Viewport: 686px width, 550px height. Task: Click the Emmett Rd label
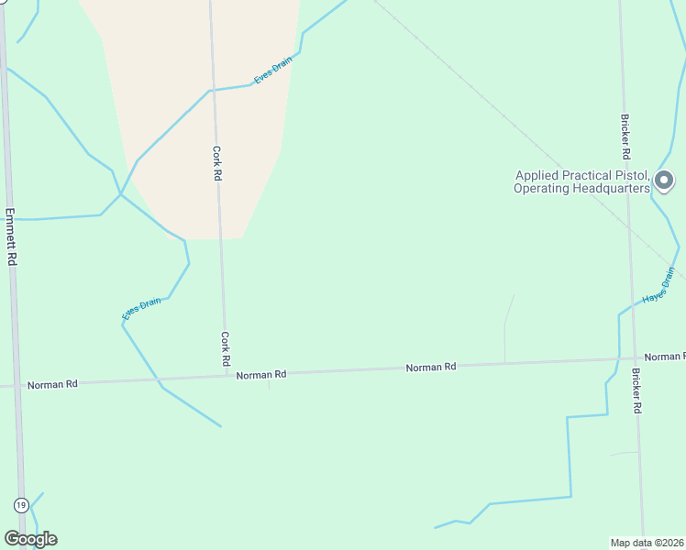pyautogui.click(x=11, y=236)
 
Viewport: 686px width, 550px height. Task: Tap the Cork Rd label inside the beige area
pyautogui.click(x=217, y=162)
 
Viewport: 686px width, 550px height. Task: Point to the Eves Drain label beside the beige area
pyautogui.click(x=272, y=71)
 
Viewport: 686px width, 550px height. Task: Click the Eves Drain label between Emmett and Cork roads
pyautogui.click(x=141, y=308)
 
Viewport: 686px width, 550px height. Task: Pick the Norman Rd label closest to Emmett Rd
pyautogui.click(x=52, y=384)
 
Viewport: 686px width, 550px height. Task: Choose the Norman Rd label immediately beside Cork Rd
pyautogui.click(x=261, y=374)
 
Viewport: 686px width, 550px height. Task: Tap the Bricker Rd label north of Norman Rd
pyautogui.click(x=625, y=136)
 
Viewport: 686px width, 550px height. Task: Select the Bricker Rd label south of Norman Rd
pyautogui.click(x=636, y=390)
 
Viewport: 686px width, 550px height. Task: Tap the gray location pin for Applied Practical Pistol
pyautogui.click(x=665, y=180)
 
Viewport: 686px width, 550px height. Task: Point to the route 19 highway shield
pyautogui.click(x=21, y=504)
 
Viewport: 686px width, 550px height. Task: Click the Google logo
pyautogui.click(x=30, y=539)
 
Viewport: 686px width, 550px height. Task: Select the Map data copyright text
pyautogui.click(x=647, y=543)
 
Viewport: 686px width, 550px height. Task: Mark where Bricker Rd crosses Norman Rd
pyautogui.click(x=634, y=359)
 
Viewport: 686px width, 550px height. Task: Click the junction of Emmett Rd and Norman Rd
pyautogui.click(x=15, y=386)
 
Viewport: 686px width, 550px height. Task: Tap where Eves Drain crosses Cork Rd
pyautogui.click(x=214, y=90)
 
